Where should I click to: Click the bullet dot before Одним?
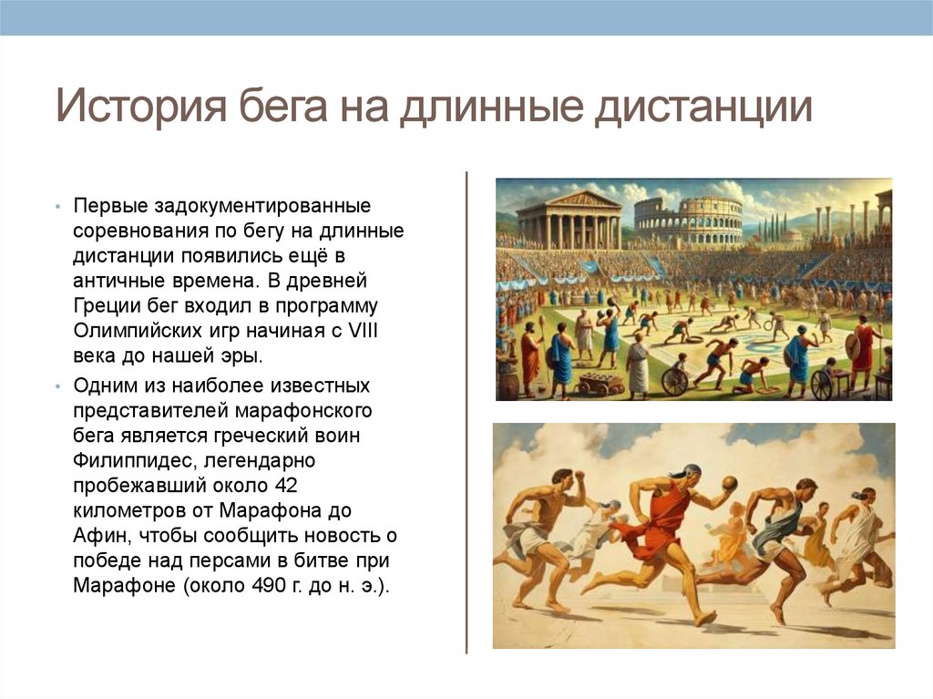pyautogui.click(x=56, y=386)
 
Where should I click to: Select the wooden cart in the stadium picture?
pyautogui.click(x=599, y=382)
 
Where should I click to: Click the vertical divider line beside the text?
pyautogui.click(x=466, y=410)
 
